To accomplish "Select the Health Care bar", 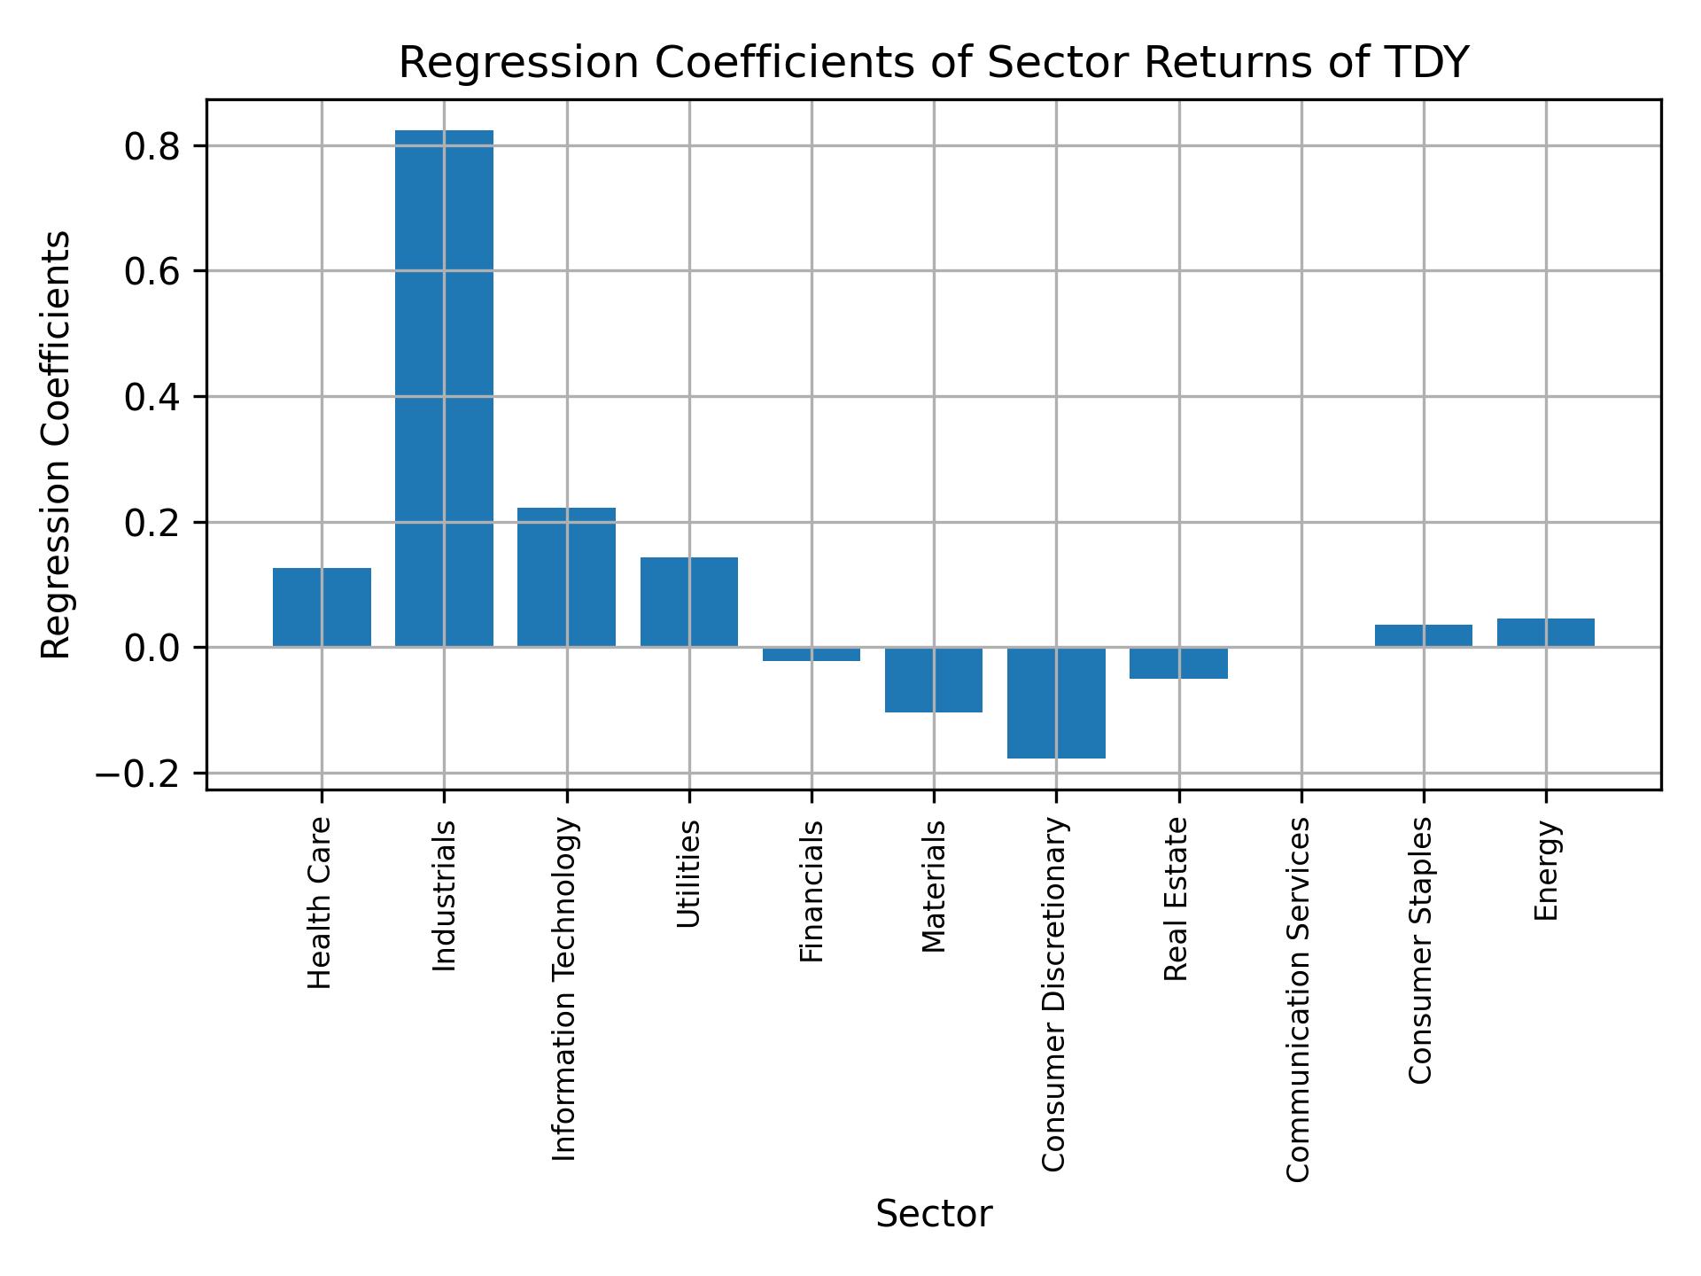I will [322, 607].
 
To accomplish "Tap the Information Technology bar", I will [566, 577].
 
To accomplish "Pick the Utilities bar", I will [688, 602].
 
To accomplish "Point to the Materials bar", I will [934, 680].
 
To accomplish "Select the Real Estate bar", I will [1178, 663].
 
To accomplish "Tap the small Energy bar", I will [1546, 633].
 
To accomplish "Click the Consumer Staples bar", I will [1424, 635].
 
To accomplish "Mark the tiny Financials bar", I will [812, 654].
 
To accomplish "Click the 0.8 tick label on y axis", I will [152, 146].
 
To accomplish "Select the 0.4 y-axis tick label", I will [152, 398].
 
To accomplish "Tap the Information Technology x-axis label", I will [564, 989].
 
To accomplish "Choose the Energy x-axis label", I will [1546, 871].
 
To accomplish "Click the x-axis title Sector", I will [934, 1214].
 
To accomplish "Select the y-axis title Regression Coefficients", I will [57, 445].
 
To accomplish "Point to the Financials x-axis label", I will [812, 891].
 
